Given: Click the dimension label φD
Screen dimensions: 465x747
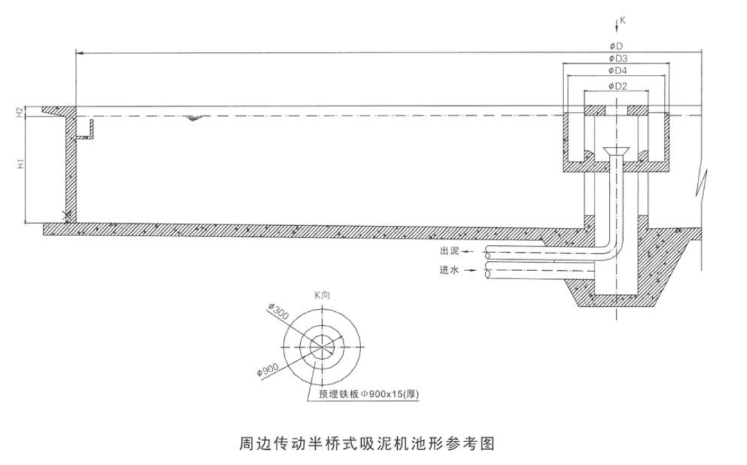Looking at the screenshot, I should (615, 46).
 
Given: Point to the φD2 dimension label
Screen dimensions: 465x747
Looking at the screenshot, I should (617, 86).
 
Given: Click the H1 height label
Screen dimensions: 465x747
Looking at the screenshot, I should (21, 164).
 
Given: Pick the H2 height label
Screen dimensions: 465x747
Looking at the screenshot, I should (21, 111).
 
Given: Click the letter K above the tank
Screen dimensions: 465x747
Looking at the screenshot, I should (622, 21).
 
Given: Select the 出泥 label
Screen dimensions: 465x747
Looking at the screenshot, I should (448, 251).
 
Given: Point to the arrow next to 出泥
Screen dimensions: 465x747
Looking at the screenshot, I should (468, 251).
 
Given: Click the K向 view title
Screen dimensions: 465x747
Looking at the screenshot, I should (323, 295).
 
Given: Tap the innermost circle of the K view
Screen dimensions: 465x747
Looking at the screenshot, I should (323, 346).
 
